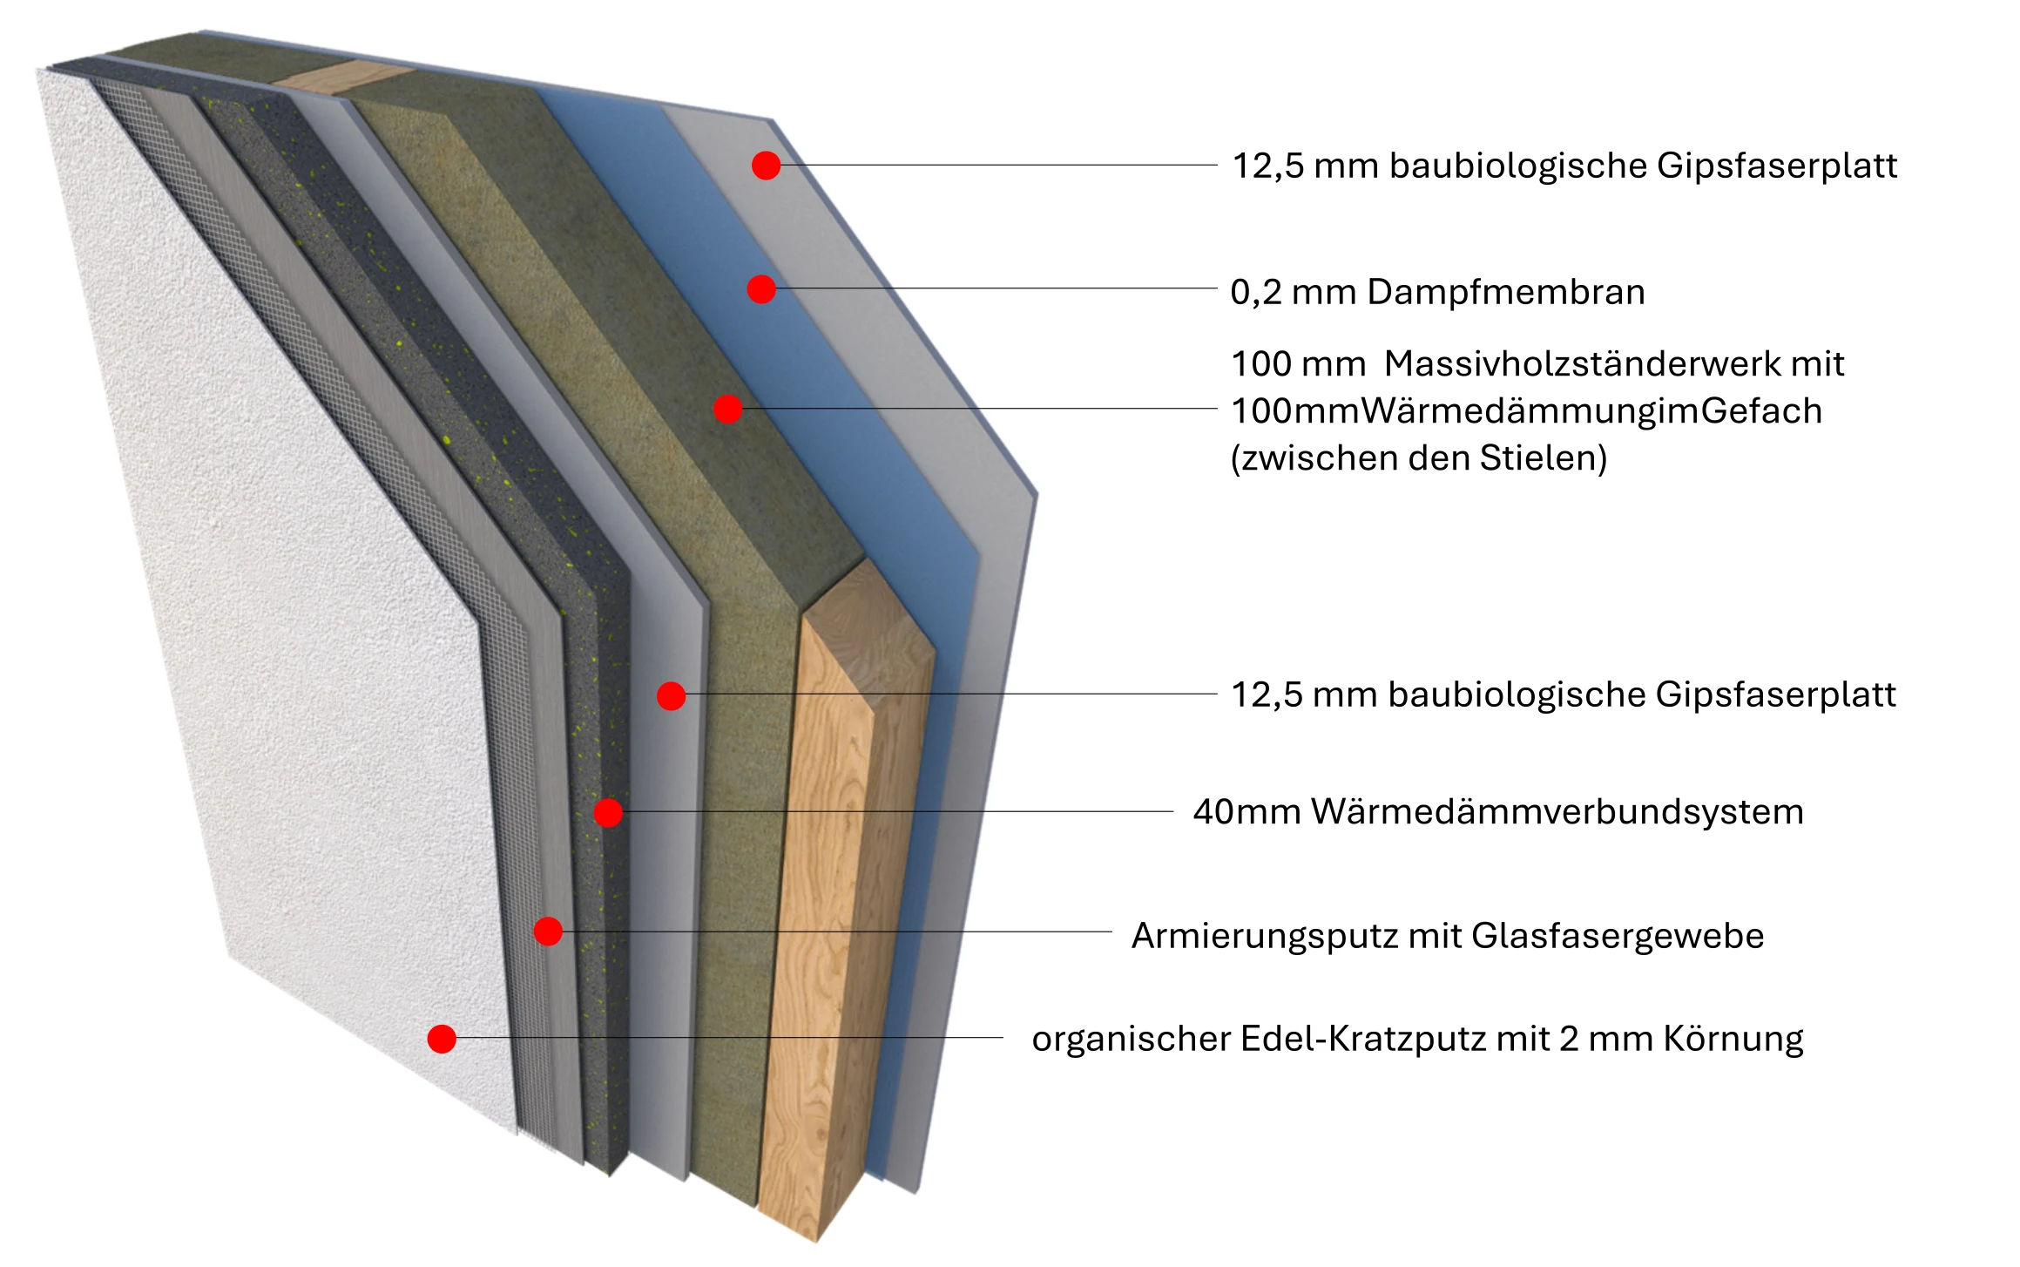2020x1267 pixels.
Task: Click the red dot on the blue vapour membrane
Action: click(761, 288)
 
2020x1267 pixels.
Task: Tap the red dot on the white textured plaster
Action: click(442, 1039)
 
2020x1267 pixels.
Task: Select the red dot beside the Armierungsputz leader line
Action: click(548, 932)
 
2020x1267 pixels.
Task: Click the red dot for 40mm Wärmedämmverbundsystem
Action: click(608, 813)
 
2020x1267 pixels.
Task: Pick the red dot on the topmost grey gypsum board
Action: click(766, 165)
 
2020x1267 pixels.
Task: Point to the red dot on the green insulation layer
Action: click(727, 409)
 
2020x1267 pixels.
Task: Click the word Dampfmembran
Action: click(1506, 292)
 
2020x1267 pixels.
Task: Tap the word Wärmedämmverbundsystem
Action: click(1557, 811)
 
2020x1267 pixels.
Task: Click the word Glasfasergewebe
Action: click(1618, 936)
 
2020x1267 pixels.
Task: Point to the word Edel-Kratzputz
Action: click(1363, 1039)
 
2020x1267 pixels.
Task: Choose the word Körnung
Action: click(1733, 1039)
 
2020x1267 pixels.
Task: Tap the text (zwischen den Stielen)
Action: click(1419, 457)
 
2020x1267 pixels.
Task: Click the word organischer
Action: click(1131, 1039)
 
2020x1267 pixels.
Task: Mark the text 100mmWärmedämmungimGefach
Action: click(1526, 410)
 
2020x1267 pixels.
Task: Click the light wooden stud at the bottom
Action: click(836, 915)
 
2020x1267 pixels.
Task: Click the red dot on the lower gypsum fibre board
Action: click(671, 695)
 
